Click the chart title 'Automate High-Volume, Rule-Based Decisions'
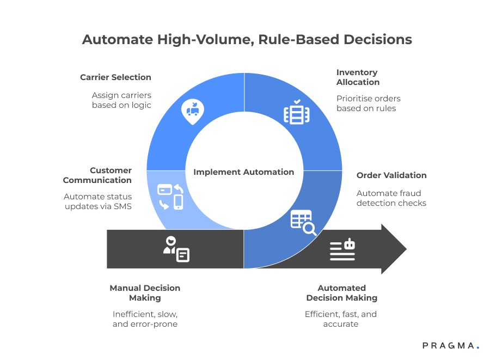point(247,40)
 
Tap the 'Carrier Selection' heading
point(115,77)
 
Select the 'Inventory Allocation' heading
point(358,77)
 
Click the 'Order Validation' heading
point(391,175)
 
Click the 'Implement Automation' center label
point(244,172)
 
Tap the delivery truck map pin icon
point(192,111)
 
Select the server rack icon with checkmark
point(297,112)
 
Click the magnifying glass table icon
point(303,222)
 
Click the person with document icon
point(176,249)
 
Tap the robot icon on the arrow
point(342,249)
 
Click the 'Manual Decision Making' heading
point(145,293)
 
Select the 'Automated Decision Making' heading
point(342,293)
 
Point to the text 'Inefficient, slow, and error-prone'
point(145,319)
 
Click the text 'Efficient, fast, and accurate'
point(341,319)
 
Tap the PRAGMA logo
point(451,345)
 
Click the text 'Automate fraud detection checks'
point(391,198)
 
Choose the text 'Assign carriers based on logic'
point(121,100)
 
